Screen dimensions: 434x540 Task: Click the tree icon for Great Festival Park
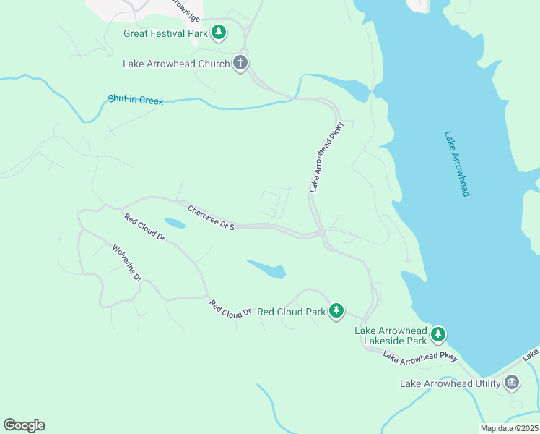219,33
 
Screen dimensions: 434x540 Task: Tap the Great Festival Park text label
165,33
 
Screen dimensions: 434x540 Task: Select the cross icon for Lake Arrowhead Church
240,64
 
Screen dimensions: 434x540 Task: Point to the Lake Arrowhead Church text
176,64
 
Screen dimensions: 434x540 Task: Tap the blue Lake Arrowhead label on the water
457,163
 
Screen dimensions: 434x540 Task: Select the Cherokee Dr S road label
212,218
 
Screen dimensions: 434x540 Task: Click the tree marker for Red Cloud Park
336,311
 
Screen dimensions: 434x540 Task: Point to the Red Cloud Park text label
292,312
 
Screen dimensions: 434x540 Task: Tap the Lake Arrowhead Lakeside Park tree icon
438,334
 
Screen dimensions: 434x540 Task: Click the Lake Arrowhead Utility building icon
512,383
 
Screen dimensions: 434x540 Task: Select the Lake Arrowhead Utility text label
450,383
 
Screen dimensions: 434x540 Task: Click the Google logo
24,425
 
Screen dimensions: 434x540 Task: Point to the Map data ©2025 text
509,428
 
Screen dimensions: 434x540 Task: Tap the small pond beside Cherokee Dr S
174,224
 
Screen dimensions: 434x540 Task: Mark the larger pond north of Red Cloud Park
269,270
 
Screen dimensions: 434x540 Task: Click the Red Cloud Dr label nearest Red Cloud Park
230,309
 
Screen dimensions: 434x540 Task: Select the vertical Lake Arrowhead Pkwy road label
326,156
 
